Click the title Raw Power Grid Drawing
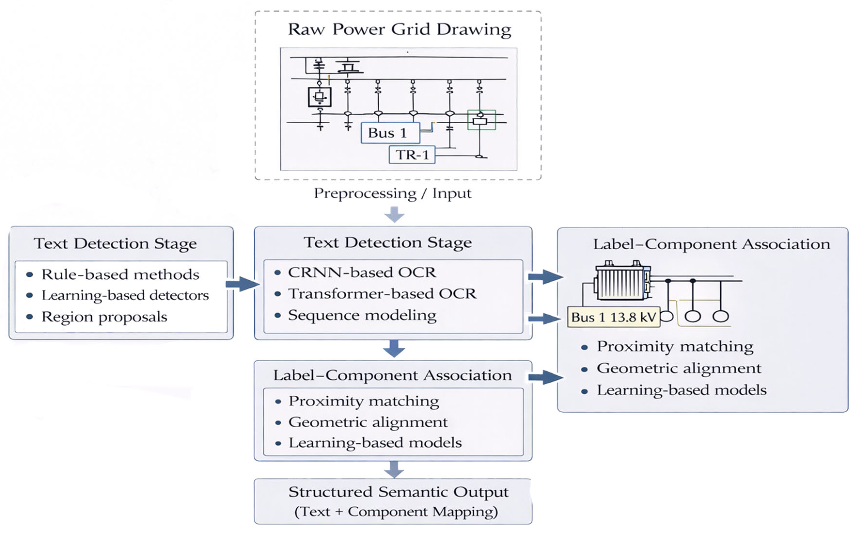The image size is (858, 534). [x=399, y=29]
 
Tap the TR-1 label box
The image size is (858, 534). [x=412, y=155]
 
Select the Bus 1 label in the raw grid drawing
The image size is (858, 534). [x=390, y=133]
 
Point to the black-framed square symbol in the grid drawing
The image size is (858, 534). [x=320, y=97]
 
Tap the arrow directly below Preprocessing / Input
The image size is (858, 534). [x=394, y=214]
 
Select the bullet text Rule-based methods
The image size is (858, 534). [x=120, y=275]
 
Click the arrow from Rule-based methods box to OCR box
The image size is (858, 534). [x=242, y=284]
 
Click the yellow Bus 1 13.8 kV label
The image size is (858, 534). [x=614, y=317]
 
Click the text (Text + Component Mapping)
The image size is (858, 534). [x=396, y=511]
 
